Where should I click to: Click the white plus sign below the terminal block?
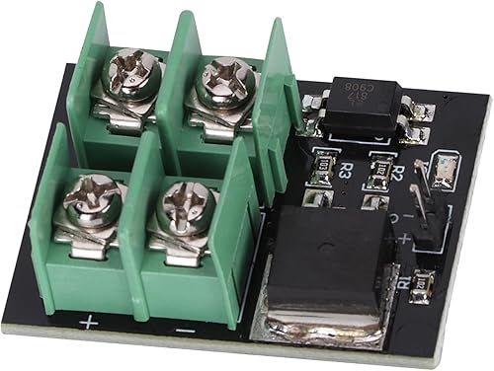tap(89, 322)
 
